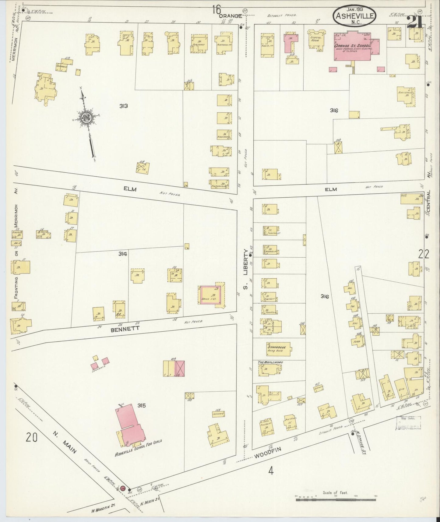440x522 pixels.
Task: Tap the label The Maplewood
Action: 266,362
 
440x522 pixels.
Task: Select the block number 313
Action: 123,106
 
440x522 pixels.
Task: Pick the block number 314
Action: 123,254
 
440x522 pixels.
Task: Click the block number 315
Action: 141,405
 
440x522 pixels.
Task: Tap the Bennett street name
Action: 121,329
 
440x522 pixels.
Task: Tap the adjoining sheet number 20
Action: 32,437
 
